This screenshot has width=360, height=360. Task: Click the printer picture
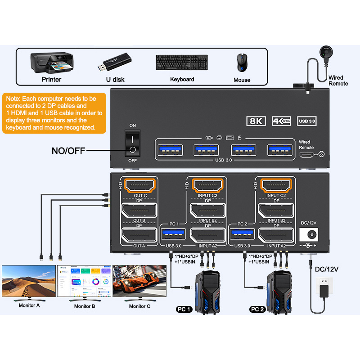[x=51, y=63]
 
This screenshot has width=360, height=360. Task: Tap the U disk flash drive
[x=115, y=63]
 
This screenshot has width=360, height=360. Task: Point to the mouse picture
[x=242, y=63]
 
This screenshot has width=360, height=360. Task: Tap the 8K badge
[x=256, y=121]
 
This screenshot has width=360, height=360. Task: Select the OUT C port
[x=139, y=184]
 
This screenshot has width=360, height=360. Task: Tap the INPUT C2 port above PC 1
[x=207, y=184]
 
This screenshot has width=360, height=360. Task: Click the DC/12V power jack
[x=309, y=234]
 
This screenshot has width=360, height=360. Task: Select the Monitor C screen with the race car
[x=139, y=281]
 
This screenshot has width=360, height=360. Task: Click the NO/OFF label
[x=68, y=150]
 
